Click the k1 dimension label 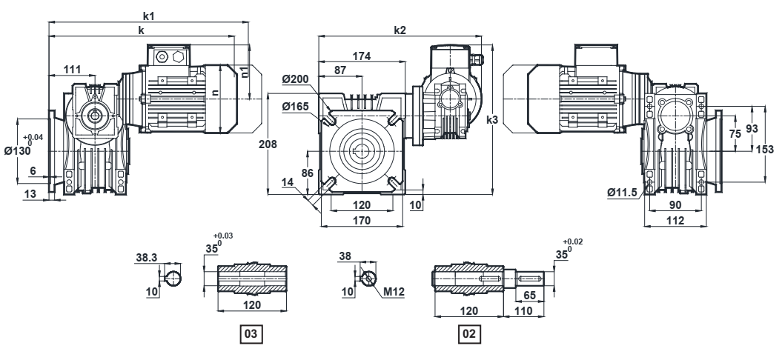tap(150, 15)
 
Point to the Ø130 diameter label tap(17, 150)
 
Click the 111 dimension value tap(72, 69)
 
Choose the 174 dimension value tap(361, 56)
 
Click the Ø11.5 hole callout tap(623, 193)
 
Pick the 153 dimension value tap(772, 149)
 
